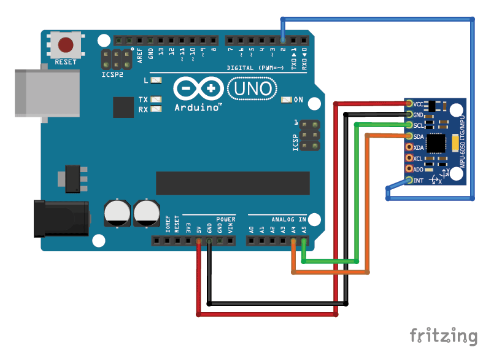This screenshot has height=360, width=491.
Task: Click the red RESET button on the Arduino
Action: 66,45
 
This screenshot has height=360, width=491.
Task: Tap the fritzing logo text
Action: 443,336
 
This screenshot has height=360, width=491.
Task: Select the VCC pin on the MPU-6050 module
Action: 409,104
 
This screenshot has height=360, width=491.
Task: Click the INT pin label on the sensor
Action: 419,181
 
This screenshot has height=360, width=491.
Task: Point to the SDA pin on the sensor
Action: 409,136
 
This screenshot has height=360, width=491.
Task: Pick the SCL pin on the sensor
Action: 409,125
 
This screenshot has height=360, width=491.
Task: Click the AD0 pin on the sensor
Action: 409,170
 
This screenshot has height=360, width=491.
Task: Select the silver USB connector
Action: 46,93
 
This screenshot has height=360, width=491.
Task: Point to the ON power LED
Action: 287,100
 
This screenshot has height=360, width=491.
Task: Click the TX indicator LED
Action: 157,100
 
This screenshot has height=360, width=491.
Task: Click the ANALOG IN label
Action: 288,219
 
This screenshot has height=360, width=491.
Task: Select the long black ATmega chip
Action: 231,182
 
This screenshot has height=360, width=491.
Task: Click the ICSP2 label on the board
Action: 112,74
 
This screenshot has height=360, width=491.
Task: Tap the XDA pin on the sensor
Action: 409,147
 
